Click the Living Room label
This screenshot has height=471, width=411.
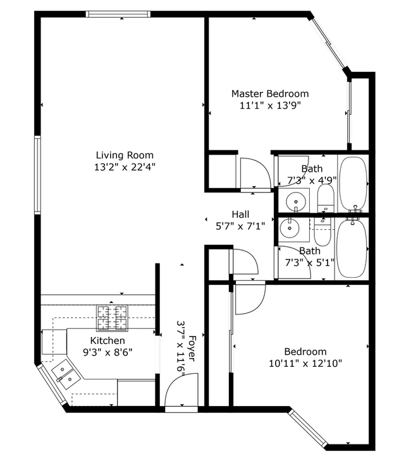pos(124,155)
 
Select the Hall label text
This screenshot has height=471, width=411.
pos(240,214)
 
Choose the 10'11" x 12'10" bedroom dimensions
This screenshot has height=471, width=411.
pos(305,364)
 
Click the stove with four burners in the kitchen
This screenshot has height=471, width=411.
pos(112,318)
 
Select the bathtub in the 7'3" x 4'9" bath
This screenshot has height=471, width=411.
pos(353,184)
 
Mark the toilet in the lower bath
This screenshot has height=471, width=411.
pos(322,232)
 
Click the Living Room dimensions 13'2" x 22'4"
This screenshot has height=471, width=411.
pos(124,167)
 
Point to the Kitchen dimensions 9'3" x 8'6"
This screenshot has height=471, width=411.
pos(107,352)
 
